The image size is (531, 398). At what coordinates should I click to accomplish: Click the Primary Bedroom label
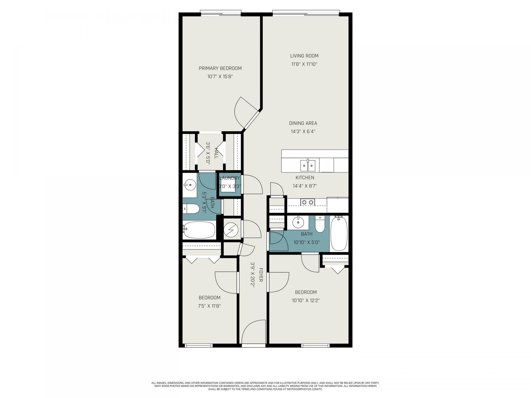tap(220, 68)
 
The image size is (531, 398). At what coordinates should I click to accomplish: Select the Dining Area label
tap(303, 123)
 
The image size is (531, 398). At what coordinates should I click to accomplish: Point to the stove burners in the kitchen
tap(308, 203)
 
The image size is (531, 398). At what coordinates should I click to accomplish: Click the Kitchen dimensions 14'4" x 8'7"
tap(305, 186)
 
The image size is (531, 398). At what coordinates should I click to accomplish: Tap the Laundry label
tap(230, 178)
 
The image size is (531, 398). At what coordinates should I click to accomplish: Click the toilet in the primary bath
tap(191, 209)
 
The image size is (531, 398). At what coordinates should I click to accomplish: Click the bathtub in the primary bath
tap(199, 230)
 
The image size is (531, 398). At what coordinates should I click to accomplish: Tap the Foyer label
tap(261, 275)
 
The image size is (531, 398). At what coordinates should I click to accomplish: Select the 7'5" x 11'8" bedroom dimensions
tap(210, 306)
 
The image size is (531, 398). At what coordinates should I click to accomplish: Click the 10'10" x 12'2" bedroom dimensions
tap(306, 300)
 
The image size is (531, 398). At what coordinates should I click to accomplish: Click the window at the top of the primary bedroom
tap(221, 13)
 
